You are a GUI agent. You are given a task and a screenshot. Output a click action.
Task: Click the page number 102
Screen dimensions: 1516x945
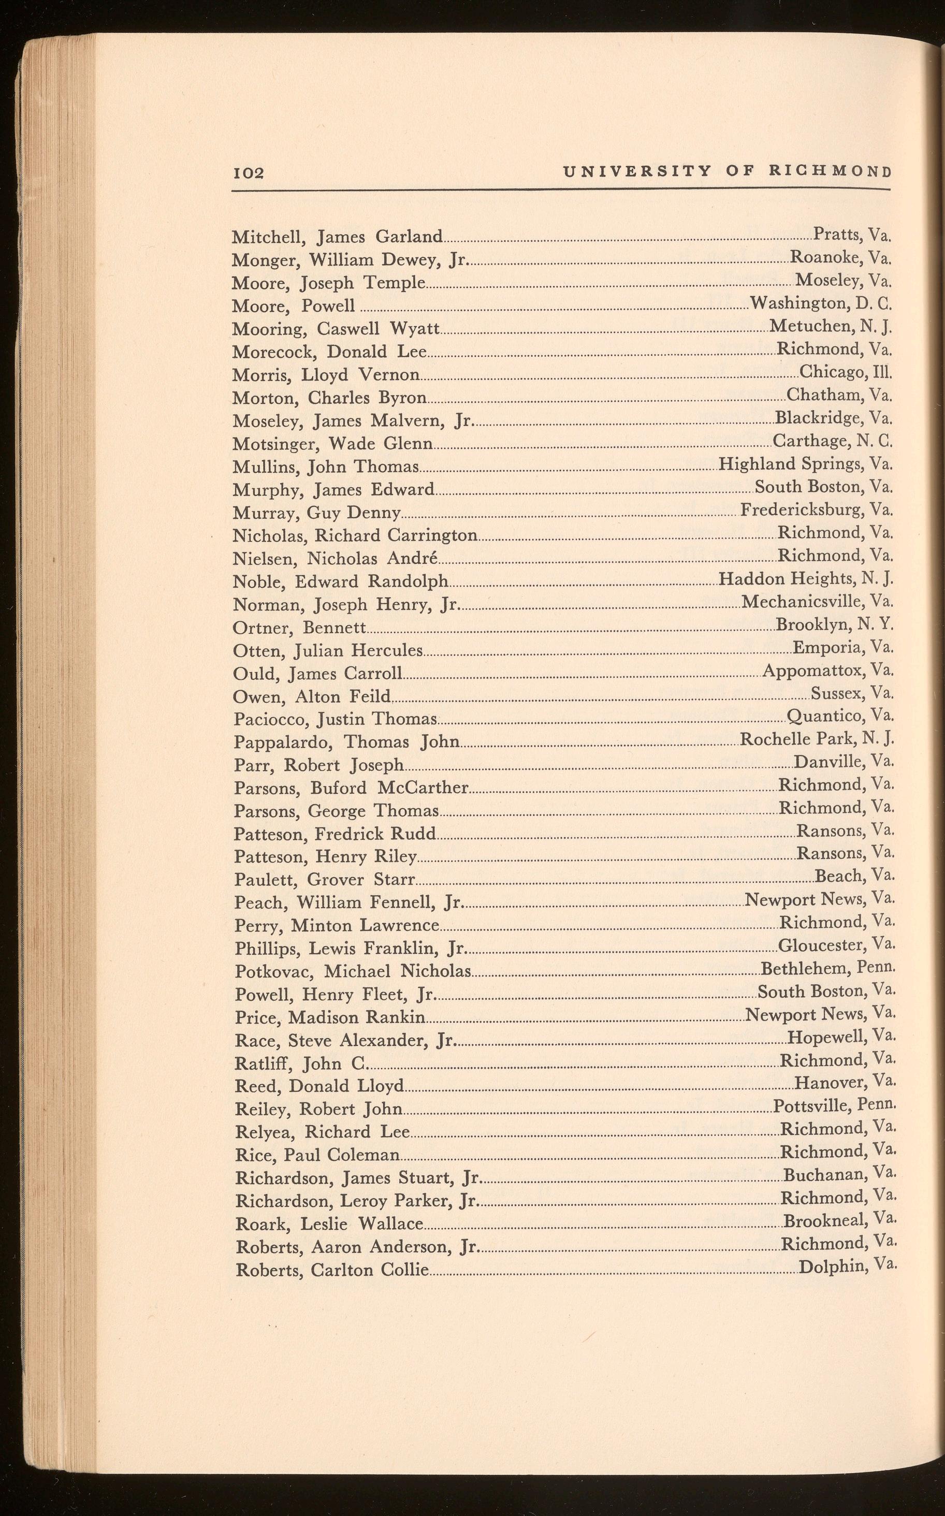[248, 172]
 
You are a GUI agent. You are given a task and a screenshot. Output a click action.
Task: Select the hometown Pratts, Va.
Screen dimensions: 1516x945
[851, 235]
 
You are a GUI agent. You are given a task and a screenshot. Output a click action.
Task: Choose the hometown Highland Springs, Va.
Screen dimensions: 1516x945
[805, 464]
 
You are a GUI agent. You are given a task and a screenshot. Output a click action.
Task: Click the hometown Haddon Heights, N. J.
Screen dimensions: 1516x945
[806, 579]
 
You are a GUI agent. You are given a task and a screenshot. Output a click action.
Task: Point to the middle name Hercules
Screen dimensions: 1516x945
[386, 651]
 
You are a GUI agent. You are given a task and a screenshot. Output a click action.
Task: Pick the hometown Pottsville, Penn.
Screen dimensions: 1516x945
[834, 1106]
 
